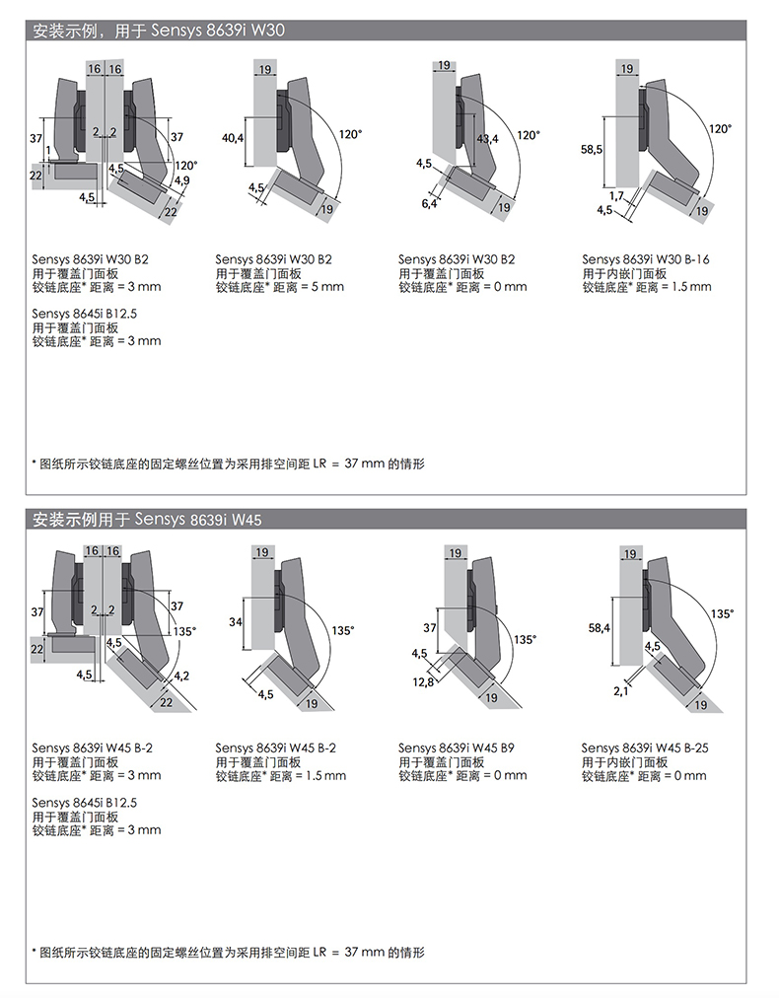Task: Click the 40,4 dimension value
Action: pyautogui.click(x=233, y=138)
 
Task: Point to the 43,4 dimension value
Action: pyautogui.click(x=487, y=139)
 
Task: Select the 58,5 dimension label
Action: pyautogui.click(x=592, y=149)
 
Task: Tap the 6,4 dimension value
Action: pyautogui.click(x=428, y=203)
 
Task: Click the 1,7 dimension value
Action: pyautogui.click(x=616, y=196)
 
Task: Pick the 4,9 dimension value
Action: pyautogui.click(x=181, y=180)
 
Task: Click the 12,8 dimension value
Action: pyautogui.click(x=424, y=681)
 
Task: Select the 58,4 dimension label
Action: pyautogui.click(x=599, y=626)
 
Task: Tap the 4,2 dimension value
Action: pyautogui.click(x=181, y=676)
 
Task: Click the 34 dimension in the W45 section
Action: pyautogui.click(x=236, y=622)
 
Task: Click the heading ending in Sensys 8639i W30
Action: pyautogui.click(x=159, y=31)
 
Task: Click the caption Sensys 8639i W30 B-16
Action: pyautogui.click(x=645, y=259)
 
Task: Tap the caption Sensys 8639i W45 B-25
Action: pyautogui.click(x=645, y=748)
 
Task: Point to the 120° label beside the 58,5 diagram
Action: pyautogui.click(x=720, y=128)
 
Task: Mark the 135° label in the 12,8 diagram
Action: pyautogui.click(x=526, y=639)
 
